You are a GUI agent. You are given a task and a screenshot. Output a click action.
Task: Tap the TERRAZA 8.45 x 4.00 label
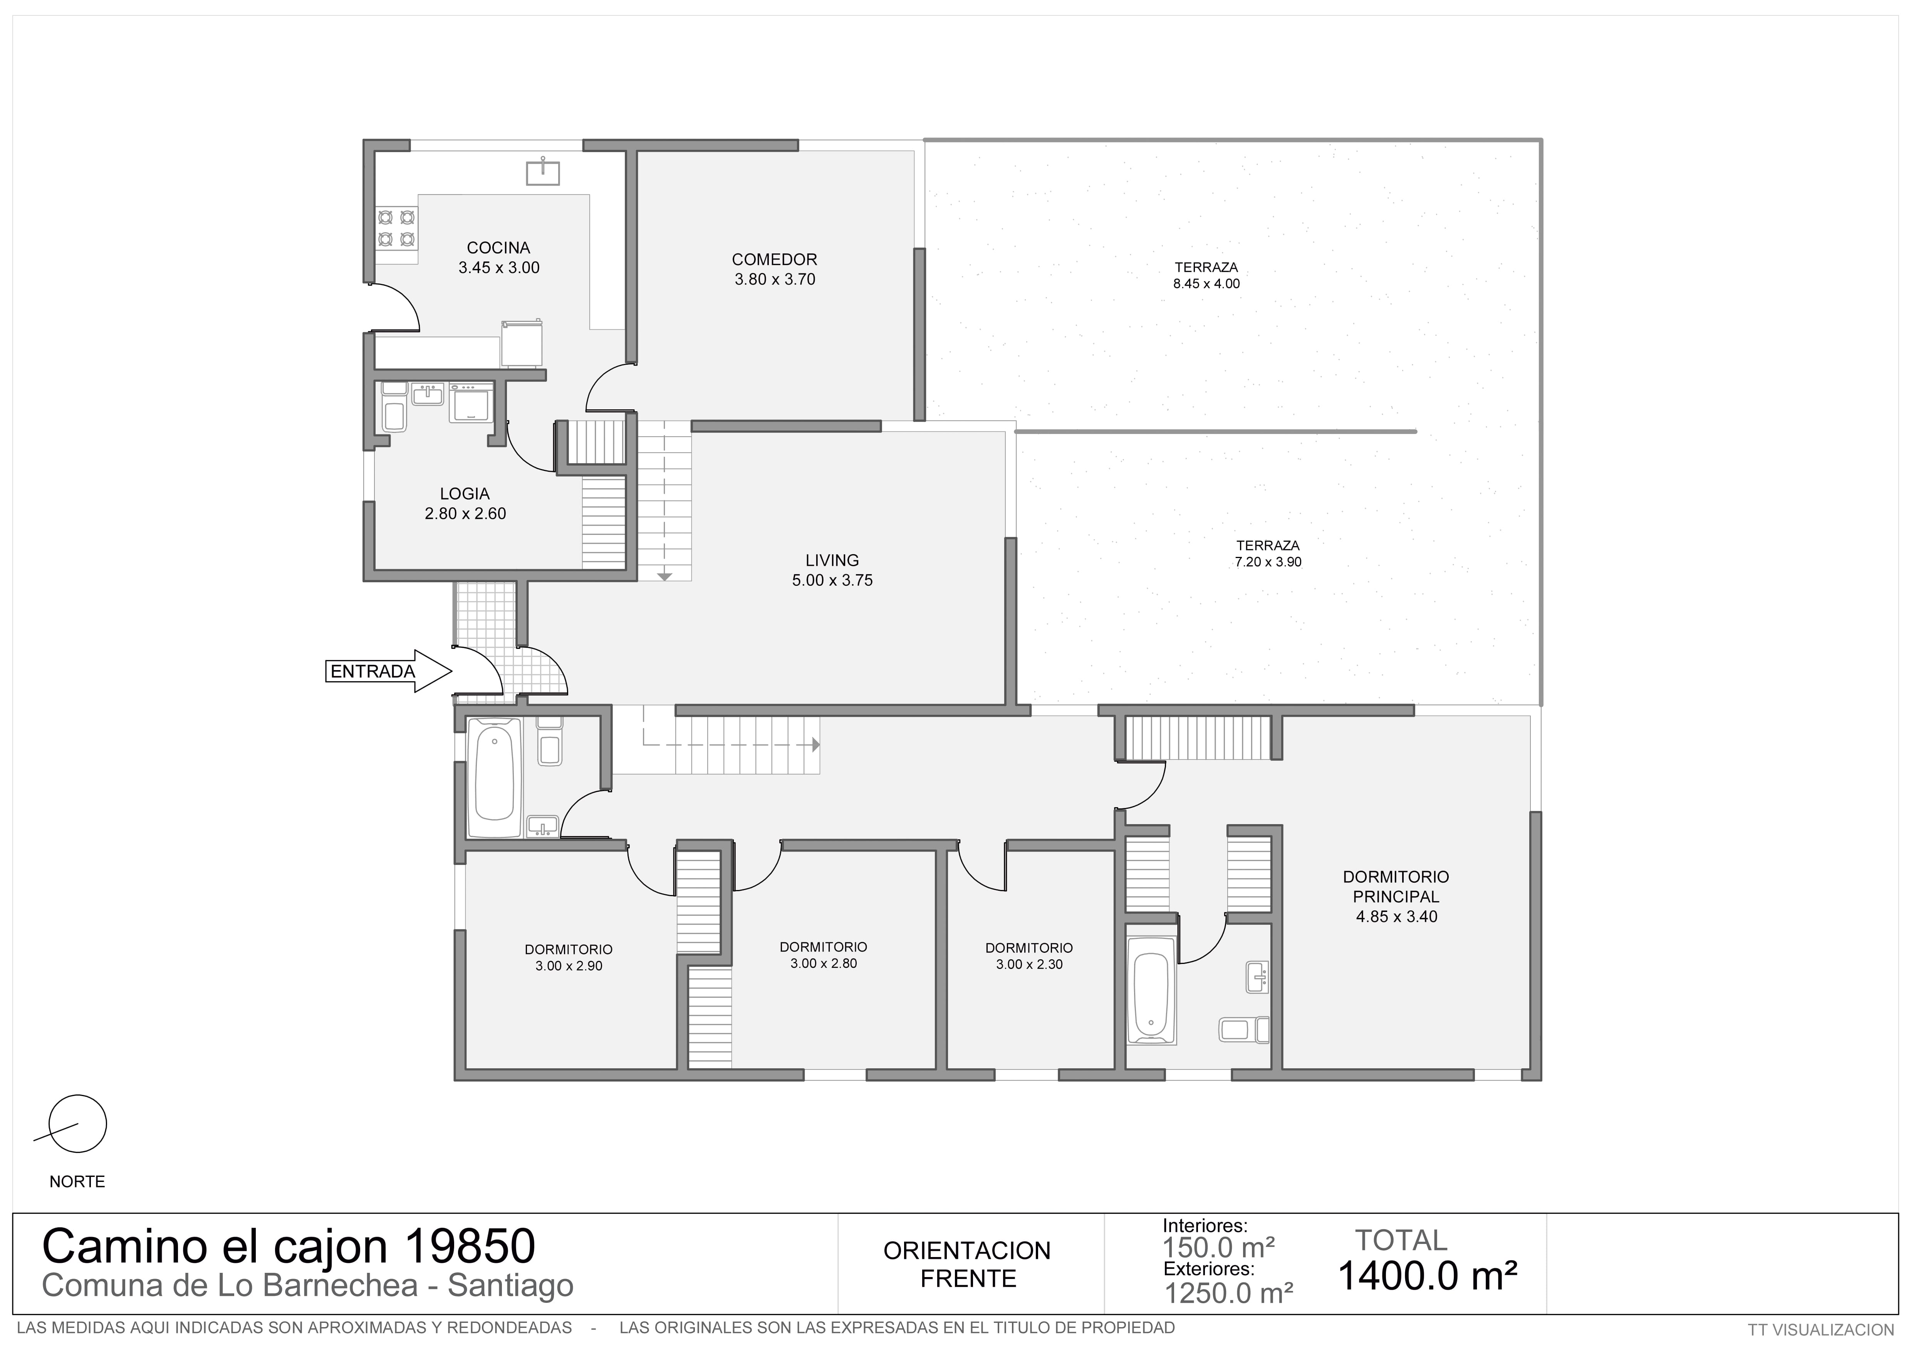coord(1206,275)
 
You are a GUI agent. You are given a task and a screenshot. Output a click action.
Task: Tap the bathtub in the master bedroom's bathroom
coord(1151,990)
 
